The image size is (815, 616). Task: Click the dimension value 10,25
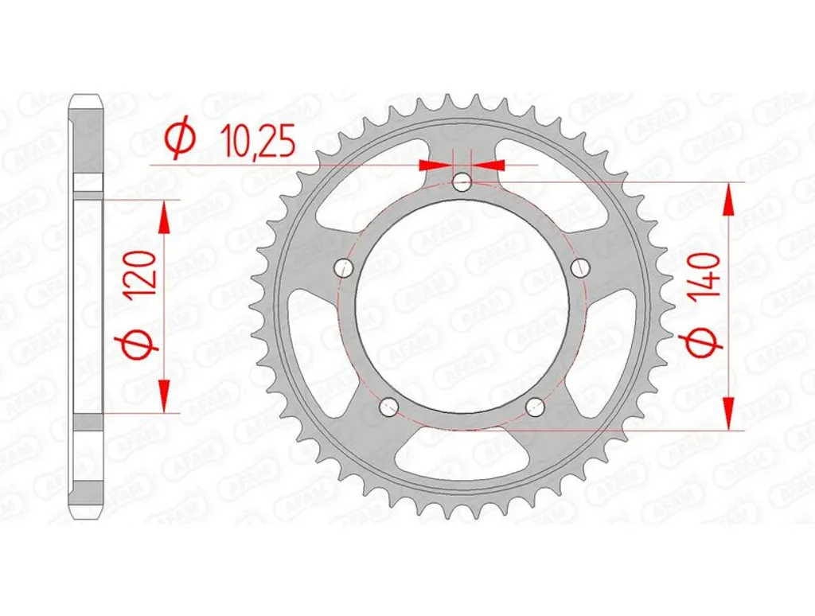coord(259,144)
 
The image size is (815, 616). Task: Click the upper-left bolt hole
coord(345,267)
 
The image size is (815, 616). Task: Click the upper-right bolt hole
coord(579,267)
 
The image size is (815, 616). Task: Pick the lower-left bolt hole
coord(389,407)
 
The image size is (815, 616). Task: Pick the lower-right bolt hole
coord(535,407)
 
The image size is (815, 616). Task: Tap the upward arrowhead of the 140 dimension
coord(728,198)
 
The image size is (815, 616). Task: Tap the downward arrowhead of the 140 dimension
coord(728,414)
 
